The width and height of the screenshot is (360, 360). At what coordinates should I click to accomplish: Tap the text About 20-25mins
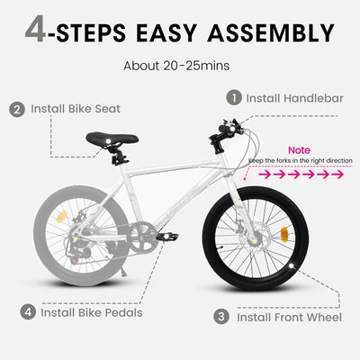pos(180,66)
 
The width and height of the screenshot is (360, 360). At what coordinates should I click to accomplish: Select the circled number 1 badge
pos(234,97)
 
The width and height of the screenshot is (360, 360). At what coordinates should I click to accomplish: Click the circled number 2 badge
pos(17,110)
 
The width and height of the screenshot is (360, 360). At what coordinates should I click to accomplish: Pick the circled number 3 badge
pos(220,317)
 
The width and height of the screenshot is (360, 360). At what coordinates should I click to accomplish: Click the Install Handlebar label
pos(295,97)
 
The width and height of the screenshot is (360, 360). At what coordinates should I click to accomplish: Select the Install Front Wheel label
pos(288,317)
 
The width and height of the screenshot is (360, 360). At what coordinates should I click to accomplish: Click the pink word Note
pos(300,150)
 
